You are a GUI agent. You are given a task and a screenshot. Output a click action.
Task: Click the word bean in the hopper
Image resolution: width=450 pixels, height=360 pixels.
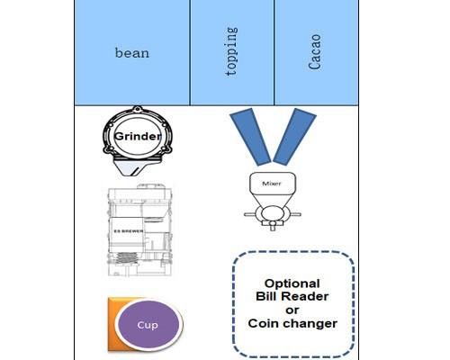[132, 53]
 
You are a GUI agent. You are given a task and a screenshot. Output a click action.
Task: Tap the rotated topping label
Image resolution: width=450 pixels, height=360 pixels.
[231, 51]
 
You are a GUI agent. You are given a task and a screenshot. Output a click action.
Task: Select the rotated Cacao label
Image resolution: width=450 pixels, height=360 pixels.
[315, 52]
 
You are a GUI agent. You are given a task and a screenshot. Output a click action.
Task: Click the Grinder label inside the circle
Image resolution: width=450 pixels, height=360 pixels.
[138, 136]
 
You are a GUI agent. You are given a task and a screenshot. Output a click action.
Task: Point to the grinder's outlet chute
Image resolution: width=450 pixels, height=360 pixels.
[131, 168]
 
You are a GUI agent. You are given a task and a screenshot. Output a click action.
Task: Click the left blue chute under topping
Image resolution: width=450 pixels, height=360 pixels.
[250, 137]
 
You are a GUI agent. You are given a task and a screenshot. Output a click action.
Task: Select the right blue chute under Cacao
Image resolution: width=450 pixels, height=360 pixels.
[295, 137]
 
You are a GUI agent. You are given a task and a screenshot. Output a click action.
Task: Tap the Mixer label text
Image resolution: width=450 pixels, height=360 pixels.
[272, 184]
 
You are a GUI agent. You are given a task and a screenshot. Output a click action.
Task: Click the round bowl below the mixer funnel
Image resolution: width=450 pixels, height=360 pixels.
[273, 213]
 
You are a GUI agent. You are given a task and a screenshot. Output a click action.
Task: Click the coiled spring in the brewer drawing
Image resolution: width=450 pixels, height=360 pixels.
[126, 257]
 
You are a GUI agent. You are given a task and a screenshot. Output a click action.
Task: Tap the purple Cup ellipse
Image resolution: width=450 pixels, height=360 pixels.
[148, 325]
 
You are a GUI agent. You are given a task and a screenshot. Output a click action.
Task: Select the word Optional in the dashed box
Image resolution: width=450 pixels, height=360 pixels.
[292, 283]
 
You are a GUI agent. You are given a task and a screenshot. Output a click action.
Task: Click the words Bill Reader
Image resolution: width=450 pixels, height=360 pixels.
[292, 296]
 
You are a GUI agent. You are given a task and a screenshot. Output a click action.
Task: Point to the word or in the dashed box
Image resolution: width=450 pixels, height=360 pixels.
[292, 310]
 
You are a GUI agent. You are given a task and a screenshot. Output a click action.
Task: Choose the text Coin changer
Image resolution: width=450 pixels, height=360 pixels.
[292, 323]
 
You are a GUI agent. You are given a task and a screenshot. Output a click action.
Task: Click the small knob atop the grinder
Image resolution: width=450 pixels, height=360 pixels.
[138, 109]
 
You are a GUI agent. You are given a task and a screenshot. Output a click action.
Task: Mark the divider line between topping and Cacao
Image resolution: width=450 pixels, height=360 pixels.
[274, 52]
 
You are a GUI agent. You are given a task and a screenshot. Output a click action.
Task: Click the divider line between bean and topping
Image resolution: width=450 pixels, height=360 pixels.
[190, 52]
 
